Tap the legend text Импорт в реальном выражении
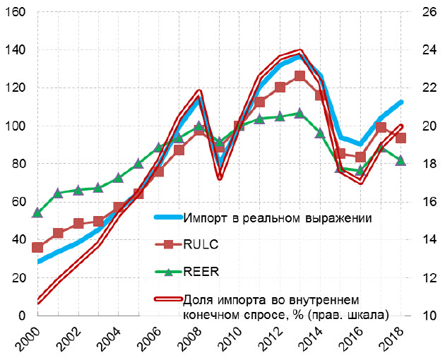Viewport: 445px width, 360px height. (x=276, y=217)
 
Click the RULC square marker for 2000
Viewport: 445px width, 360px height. (x=37, y=247)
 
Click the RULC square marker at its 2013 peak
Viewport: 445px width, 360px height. (x=299, y=76)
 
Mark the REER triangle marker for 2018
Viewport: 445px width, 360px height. (x=400, y=160)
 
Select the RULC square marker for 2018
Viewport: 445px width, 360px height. (x=400, y=138)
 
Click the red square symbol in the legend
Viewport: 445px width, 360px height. (x=168, y=244)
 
